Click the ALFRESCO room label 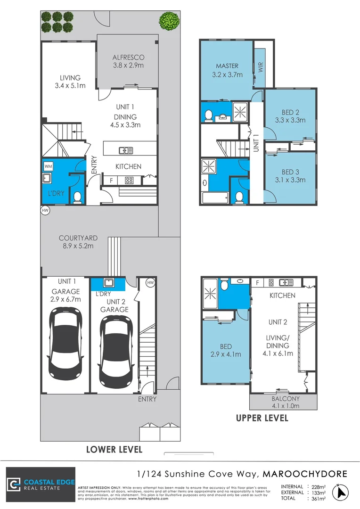click(128, 57)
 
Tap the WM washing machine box click(48, 166)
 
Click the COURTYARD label click(78, 238)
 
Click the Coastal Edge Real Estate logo click(41, 484)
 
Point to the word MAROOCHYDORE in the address click(305, 473)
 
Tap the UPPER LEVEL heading click(262, 418)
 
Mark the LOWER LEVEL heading click(114, 449)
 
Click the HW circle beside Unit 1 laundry click(45, 210)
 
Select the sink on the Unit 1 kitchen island click(125, 150)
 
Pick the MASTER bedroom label click(227, 66)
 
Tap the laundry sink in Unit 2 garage click(108, 283)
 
